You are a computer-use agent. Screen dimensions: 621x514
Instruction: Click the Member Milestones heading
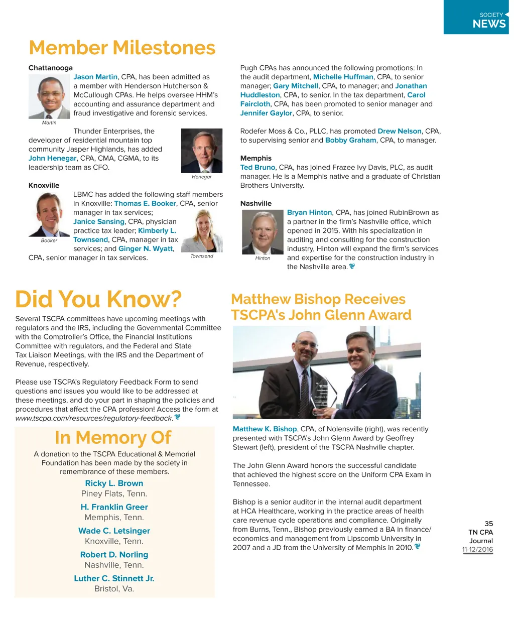point(122,48)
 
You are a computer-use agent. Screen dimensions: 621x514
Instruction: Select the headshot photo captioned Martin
point(49,96)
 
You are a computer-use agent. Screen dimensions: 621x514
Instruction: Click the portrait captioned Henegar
point(201,151)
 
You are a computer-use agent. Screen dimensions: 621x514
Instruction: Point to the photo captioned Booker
point(49,214)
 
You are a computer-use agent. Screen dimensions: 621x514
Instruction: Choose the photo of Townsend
point(201,231)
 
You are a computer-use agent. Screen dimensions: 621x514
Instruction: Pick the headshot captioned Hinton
point(263,232)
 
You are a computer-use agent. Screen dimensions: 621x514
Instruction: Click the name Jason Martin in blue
point(95,77)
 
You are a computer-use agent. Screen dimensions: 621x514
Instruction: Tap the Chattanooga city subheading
point(51,68)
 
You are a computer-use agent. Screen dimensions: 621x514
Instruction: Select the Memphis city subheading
point(256,158)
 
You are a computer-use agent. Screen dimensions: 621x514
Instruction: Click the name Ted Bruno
point(258,167)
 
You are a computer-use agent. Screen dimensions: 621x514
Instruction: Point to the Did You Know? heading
point(98,299)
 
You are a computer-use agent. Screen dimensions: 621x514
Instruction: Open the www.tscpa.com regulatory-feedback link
point(94,418)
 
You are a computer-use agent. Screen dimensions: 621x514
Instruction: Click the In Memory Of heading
point(113,437)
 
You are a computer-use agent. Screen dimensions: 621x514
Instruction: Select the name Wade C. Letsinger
point(114,531)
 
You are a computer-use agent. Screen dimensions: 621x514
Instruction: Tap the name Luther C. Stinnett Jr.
point(114,578)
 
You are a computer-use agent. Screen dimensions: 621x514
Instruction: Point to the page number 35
point(488,523)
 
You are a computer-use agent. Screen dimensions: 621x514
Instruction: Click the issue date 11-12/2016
point(477,549)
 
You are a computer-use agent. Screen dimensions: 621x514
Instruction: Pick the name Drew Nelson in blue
point(400,131)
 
